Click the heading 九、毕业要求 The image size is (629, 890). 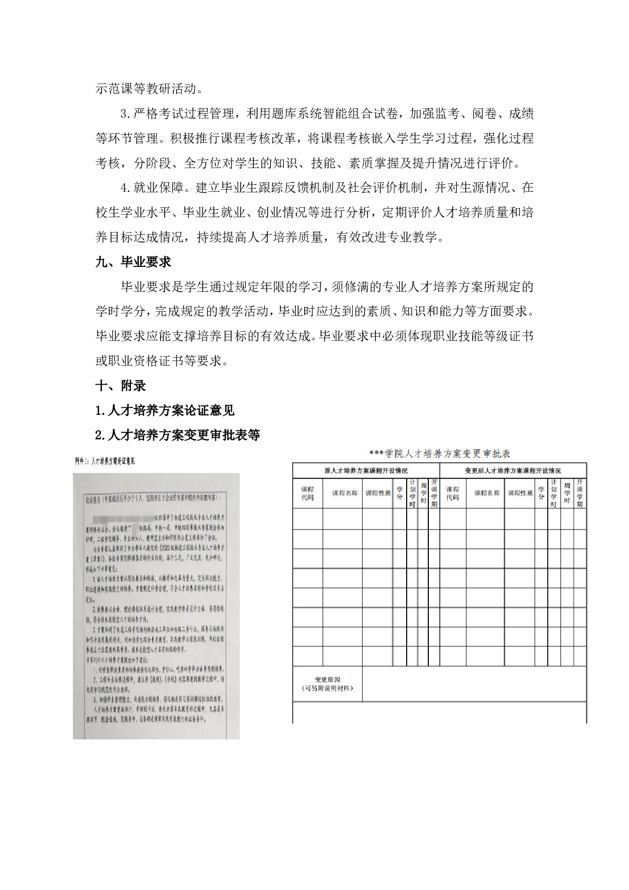tap(133, 262)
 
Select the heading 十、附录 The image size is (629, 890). tap(120, 386)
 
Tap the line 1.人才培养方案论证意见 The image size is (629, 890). tap(165, 411)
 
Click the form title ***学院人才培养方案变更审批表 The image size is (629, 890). tap(439, 454)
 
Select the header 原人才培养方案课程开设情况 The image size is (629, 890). tap(365, 470)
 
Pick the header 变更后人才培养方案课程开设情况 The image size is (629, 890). tap(512, 470)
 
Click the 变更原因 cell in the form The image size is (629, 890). tap(327, 684)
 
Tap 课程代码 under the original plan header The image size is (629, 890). tap(307, 494)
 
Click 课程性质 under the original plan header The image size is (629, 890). tap(377, 493)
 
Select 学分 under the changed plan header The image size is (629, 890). tap(541, 493)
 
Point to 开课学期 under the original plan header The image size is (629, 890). tap(434, 493)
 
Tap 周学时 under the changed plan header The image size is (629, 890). tap(567, 493)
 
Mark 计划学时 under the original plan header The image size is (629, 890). tap(412, 493)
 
